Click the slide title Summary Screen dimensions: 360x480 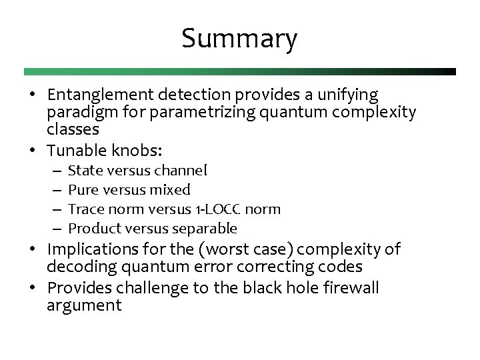239,39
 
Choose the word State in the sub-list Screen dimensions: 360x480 84,171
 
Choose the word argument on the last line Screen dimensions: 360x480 84,306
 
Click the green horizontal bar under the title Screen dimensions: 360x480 239,71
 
